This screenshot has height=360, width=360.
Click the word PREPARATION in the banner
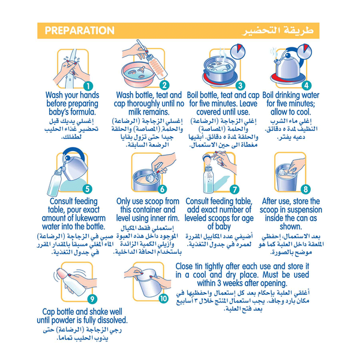click(79, 31)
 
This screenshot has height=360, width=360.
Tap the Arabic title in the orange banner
click(278, 31)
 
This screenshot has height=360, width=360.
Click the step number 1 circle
click(88, 86)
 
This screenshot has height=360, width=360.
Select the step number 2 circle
click(164, 85)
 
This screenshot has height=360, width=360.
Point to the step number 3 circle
click(241, 86)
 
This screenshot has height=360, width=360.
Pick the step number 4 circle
click(306, 85)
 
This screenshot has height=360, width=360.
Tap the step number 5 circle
click(88, 189)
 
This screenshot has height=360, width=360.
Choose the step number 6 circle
click(163, 189)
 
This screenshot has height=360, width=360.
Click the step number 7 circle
click(235, 190)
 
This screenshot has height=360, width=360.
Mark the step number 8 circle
click(305, 189)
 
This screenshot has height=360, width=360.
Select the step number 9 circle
click(92, 299)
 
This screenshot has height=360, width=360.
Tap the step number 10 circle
click(163, 298)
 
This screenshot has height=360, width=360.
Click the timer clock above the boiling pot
click(238, 52)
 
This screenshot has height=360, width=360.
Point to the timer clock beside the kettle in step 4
click(304, 52)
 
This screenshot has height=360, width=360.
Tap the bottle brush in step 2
click(152, 60)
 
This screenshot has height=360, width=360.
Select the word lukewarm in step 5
click(89, 218)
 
